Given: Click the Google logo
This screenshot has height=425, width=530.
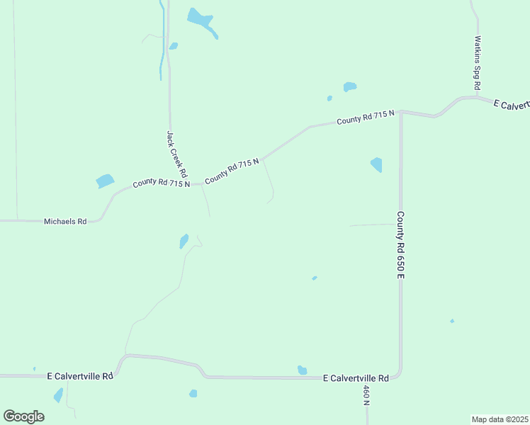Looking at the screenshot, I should click(24, 416).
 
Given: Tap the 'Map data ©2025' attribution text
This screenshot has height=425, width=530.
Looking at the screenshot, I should click(500, 419).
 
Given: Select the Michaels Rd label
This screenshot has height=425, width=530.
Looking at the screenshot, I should click(65, 222).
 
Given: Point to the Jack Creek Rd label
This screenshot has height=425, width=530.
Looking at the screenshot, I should click(176, 154).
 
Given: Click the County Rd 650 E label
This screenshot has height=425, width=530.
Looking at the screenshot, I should click(400, 244).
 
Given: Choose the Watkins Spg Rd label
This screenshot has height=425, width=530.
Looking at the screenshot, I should click(478, 62).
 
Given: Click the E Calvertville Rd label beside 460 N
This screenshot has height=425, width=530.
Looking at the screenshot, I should click(356, 378).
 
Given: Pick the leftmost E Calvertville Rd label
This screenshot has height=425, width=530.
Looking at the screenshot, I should click(80, 375).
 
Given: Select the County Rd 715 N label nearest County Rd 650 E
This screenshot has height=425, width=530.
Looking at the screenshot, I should click(365, 118).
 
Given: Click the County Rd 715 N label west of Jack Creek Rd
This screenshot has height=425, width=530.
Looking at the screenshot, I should click(161, 183).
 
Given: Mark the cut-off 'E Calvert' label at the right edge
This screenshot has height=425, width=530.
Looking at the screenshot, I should click(511, 105).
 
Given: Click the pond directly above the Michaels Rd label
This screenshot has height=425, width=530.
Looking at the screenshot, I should click(105, 181).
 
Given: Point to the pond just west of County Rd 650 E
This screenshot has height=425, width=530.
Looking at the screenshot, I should click(376, 165).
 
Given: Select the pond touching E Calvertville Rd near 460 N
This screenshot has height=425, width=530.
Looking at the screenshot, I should click(303, 370).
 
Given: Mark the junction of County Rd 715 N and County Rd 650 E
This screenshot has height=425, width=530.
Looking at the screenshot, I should click(400, 111).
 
